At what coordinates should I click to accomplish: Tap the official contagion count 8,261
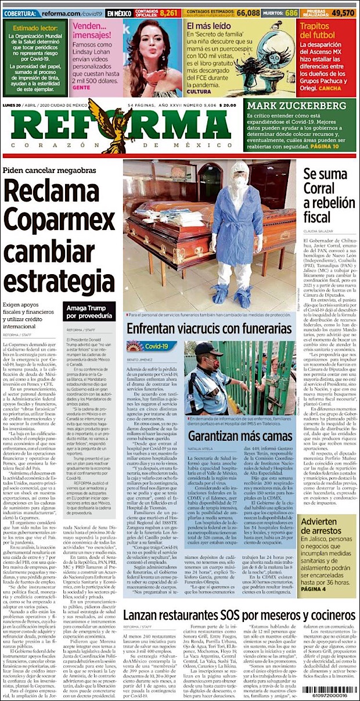click(x=170, y=12)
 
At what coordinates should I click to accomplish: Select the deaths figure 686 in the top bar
click(x=291, y=12)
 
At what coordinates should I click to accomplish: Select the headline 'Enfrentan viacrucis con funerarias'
click(x=209, y=329)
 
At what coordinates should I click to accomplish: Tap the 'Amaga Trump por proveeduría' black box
click(x=89, y=311)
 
